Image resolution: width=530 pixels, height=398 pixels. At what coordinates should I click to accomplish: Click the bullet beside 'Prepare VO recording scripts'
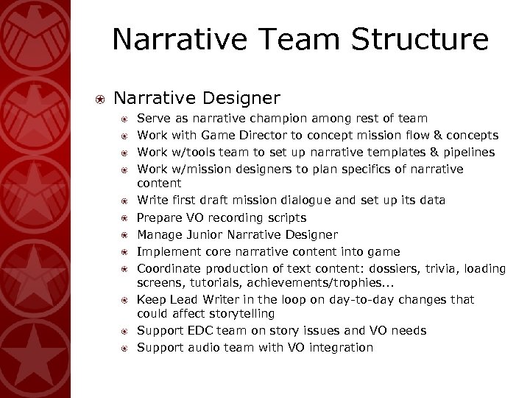pyautogui.click(x=124, y=218)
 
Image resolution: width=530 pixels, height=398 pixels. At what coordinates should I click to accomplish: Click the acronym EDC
pyautogui.click(x=196, y=331)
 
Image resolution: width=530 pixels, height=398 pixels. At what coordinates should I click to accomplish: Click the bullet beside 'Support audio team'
pyautogui.click(x=124, y=348)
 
